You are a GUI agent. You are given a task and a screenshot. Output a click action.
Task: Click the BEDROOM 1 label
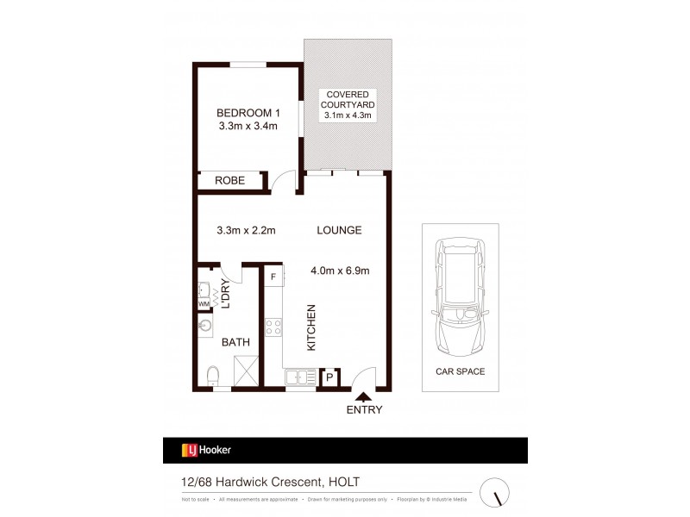pos(248,113)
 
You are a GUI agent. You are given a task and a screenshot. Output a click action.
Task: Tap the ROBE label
pos(230,181)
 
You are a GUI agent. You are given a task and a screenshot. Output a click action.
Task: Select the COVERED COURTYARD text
pos(347,99)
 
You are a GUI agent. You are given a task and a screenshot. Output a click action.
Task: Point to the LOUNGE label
pos(339,230)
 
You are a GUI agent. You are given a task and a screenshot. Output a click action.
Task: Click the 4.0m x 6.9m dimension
pos(340,271)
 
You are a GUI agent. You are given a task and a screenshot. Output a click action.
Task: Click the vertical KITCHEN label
pos(311,327)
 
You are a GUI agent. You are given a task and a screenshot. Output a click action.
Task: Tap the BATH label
pos(235,342)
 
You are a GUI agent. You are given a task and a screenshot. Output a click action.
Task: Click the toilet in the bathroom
pos(212,376)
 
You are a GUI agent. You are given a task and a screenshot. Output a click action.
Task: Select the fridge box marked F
pos(273,277)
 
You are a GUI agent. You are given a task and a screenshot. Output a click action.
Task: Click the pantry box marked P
pos(329,377)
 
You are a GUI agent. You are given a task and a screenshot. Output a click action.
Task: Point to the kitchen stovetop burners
pos(273,327)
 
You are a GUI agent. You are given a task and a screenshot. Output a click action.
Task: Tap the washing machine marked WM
pos(204,304)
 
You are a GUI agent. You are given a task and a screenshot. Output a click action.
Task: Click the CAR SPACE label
pos(460,371)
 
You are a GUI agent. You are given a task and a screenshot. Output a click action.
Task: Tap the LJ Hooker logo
pos(206,450)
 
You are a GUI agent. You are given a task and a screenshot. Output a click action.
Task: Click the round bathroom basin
pos(206,327)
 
